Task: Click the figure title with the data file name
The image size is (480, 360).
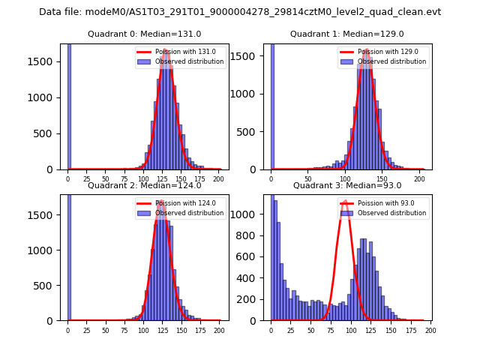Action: (240, 12)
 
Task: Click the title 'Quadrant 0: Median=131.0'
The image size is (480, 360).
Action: (144, 34)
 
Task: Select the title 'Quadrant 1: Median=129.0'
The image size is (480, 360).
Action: (346, 34)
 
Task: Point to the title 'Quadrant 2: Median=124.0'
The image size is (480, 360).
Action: (144, 185)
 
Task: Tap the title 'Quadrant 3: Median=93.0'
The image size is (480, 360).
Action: (346, 185)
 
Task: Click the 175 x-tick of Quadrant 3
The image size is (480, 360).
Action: (411, 330)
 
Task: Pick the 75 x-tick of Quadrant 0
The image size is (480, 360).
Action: (124, 178)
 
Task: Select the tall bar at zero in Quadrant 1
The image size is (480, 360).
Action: (271, 105)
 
